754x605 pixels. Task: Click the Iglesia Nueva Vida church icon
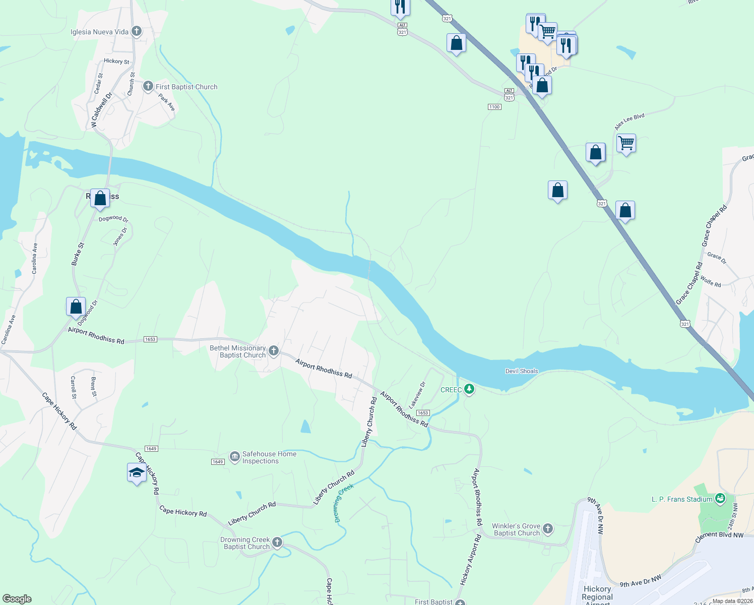pos(136,31)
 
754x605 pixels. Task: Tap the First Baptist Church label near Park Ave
pos(186,87)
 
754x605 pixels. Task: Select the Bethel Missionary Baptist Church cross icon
pos(274,350)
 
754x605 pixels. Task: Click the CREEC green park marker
pos(469,389)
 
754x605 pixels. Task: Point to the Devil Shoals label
pos(522,371)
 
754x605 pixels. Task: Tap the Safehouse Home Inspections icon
pos(234,457)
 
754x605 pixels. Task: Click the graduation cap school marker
pos(137,473)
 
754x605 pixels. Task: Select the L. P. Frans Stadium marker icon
pos(720,499)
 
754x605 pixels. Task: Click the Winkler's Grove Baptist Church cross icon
pos(548,529)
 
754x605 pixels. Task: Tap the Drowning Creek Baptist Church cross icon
pos(277,542)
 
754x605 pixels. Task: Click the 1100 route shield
pos(494,107)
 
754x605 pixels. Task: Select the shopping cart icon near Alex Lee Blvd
pos(626,143)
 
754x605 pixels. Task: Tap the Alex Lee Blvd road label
pos(629,122)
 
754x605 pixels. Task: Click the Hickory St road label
pos(116,61)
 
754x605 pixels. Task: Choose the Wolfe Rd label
pos(710,281)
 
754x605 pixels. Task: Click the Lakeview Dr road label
pos(417,394)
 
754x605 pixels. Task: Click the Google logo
pos(17,599)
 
